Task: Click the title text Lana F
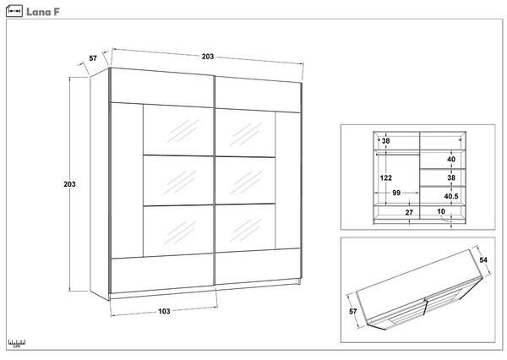coord(43,12)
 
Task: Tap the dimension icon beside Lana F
coord(14,11)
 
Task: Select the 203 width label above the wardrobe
coord(208,57)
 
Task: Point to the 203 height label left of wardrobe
coord(69,184)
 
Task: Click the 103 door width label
coord(164,311)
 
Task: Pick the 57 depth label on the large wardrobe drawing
coord(93,58)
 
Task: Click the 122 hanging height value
coord(386,177)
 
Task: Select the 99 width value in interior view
coord(396,193)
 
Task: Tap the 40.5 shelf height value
coord(451,196)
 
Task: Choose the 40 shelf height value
coord(451,159)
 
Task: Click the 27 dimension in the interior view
coord(409,212)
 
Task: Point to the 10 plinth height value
coord(441,211)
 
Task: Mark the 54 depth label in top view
coord(483,259)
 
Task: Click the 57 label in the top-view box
coord(352,311)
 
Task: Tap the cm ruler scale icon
coord(17,343)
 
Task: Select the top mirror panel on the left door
coord(178,130)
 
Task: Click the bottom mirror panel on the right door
coord(245,227)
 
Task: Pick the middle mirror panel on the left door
coord(178,180)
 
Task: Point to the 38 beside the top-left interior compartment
coord(385,140)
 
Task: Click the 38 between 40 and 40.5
coord(451,177)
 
